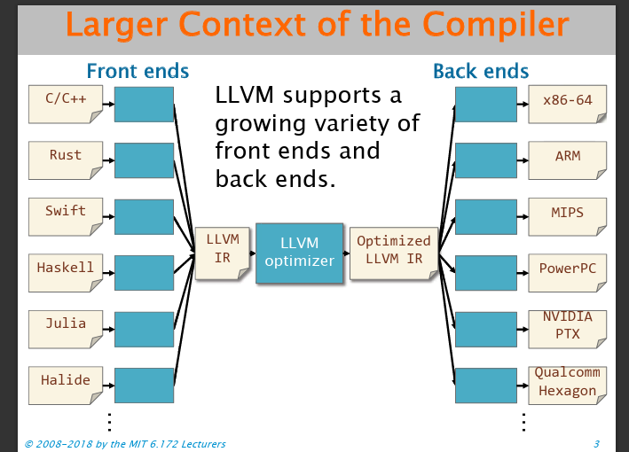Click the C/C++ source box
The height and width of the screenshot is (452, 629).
pos(66,105)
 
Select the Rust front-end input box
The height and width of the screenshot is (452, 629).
pos(66,160)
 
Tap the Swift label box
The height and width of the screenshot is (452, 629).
pos(66,217)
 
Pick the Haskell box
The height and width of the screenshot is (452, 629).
pos(66,273)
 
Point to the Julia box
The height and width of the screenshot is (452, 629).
pos(66,329)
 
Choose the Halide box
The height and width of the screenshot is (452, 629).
pos(66,386)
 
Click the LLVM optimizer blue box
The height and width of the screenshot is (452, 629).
pos(300,253)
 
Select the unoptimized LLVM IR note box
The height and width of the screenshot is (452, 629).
pos(223,253)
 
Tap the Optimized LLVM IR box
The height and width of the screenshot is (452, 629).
pos(394,253)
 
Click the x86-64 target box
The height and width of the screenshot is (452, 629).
pos(567,105)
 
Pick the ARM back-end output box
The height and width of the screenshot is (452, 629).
pos(567,160)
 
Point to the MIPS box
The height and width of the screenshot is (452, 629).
pos(567,217)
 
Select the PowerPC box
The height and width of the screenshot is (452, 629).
pos(567,273)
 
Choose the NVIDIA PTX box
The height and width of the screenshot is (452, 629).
pos(567,329)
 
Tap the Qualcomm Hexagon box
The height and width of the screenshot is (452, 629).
pos(567,386)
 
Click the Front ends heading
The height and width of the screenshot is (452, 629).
pos(138,71)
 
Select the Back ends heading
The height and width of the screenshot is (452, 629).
pos(481,71)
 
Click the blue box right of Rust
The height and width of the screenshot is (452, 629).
pos(144,160)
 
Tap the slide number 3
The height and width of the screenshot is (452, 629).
pos(596,444)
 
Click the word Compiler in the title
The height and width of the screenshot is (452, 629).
pos(495,25)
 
